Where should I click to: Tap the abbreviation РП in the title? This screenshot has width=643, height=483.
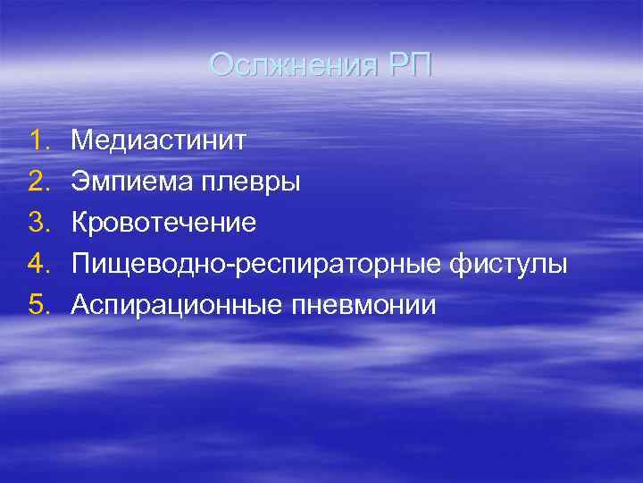(409, 65)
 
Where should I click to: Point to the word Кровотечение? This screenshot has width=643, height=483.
(164, 223)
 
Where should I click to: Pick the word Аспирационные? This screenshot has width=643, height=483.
(177, 306)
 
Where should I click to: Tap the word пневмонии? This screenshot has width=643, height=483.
(363, 306)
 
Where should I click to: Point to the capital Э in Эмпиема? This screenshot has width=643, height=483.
(80, 182)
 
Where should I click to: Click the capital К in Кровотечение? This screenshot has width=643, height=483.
(80, 223)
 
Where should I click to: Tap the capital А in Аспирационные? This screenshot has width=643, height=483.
(80, 305)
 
